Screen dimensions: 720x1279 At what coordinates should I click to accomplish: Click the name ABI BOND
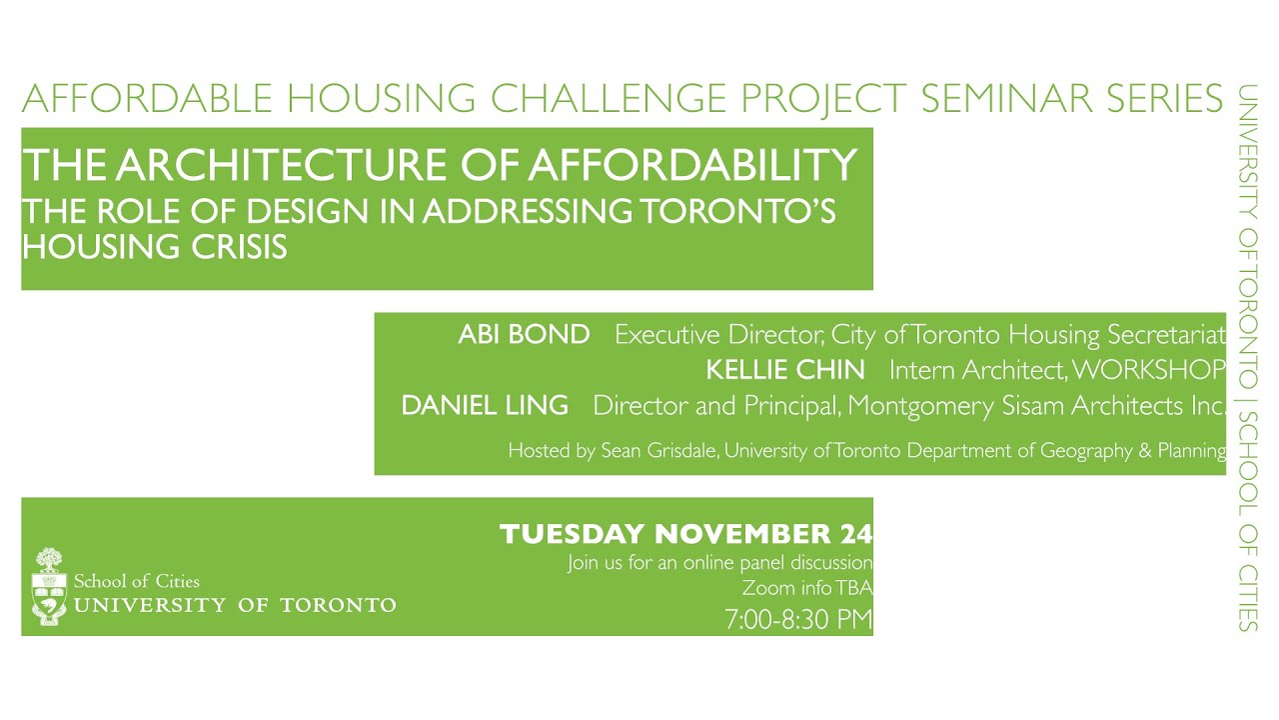[x=524, y=335]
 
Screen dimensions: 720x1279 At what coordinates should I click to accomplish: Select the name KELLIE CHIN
[x=785, y=370]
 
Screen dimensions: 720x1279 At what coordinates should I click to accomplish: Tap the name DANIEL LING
[x=485, y=406]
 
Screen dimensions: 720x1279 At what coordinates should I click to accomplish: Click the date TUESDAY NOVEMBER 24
[x=685, y=534]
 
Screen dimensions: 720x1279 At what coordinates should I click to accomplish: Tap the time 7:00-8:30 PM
[x=798, y=620]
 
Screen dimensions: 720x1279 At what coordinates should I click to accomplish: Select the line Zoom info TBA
[x=807, y=588]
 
